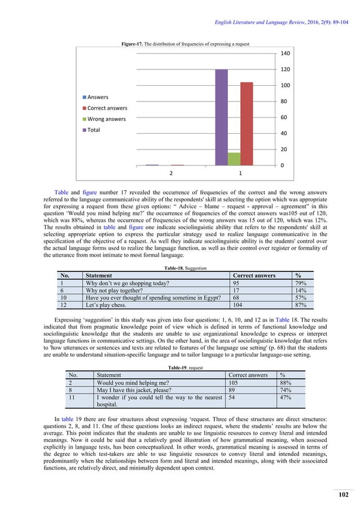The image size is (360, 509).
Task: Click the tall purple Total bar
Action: click(x=221, y=117)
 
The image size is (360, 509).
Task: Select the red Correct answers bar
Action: click(x=247, y=124)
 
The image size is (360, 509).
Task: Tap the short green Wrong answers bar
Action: click(x=234, y=159)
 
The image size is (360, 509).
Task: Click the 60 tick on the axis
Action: click(x=284, y=117)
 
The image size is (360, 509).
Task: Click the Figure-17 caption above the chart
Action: click(x=180, y=43)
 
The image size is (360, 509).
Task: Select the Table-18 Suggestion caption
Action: click(x=180, y=268)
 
